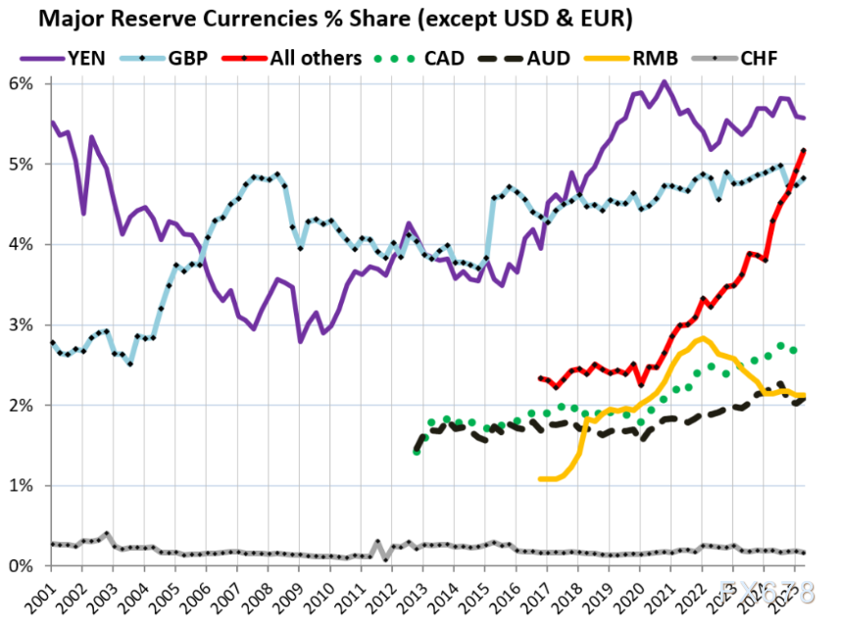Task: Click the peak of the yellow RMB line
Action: [701, 338]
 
